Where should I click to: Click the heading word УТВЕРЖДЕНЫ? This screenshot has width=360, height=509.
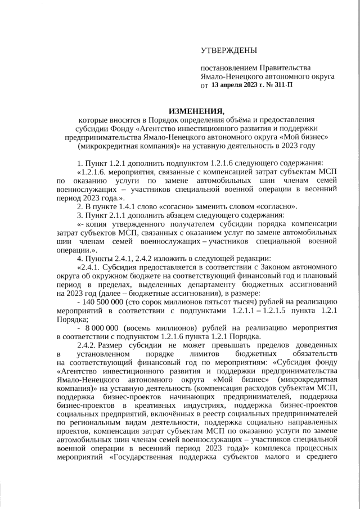229,51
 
